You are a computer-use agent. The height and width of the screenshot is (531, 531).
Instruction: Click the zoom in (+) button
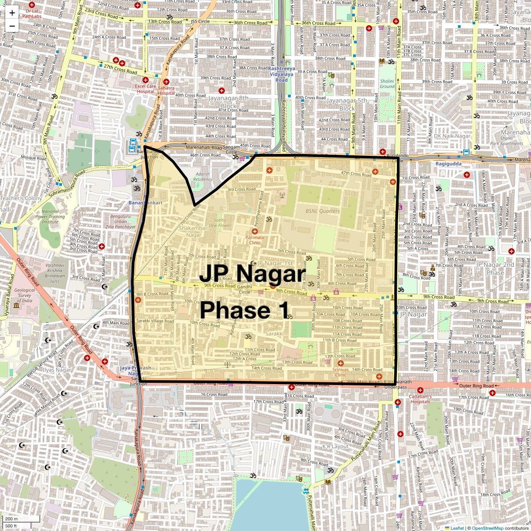[x=12, y=13]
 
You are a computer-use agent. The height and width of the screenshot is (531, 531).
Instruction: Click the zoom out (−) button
[x=12, y=26]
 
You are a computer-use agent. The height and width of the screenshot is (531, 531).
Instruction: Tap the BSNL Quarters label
[x=323, y=211]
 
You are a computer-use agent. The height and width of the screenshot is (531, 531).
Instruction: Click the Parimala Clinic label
[x=254, y=240]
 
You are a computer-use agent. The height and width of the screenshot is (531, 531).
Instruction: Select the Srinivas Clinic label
[x=340, y=372]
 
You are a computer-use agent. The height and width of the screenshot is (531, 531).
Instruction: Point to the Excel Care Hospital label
[x=146, y=89]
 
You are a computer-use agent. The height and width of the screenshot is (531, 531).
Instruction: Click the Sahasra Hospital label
[x=166, y=91]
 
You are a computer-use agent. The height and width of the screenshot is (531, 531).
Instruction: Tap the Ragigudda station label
[x=448, y=164]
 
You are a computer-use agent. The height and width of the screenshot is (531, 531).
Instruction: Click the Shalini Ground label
[x=387, y=84]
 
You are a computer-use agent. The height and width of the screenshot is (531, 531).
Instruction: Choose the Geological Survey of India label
[x=25, y=296]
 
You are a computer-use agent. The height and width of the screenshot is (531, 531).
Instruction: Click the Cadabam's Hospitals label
[x=419, y=399]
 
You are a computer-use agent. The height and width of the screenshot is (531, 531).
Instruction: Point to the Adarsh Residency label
[x=203, y=177]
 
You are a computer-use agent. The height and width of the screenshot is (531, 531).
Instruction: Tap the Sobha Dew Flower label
[x=220, y=223]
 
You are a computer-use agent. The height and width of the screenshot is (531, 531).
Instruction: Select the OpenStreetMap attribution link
[x=487, y=528]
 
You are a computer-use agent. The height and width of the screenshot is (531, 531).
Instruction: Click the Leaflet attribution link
[x=457, y=528]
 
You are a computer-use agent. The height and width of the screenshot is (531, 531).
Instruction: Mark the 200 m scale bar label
[x=12, y=519]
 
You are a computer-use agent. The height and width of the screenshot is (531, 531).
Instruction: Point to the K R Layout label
[x=335, y=446]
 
